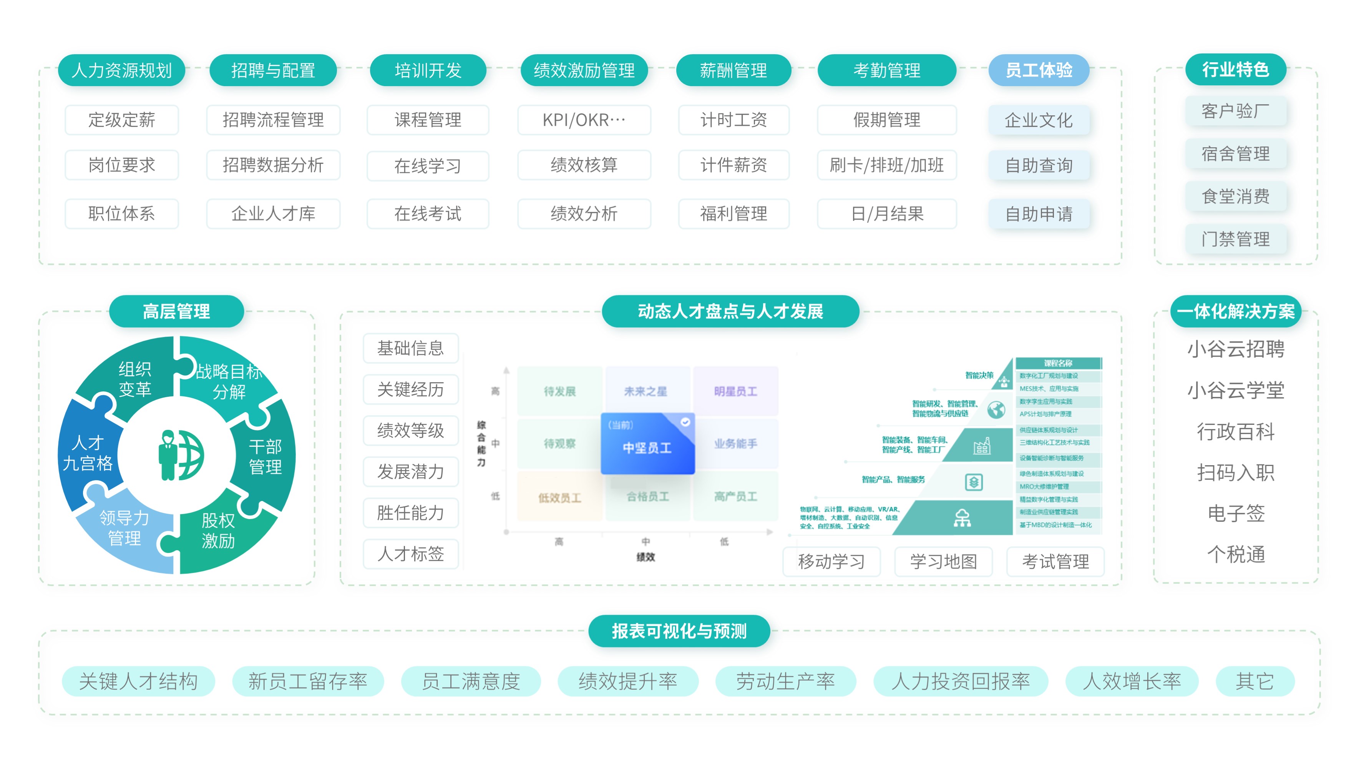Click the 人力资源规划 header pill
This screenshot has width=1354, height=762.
pyautogui.click(x=121, y=70)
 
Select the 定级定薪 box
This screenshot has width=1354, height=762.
pyautogui.click(x=121, y=120)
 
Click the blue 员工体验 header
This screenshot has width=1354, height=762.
pyautogui.click(x=1039, y=70)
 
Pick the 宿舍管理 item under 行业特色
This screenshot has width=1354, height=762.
pyautogui.click(x=1235, y=153)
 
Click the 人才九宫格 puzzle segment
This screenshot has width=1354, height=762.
pyautogui.click(x=87, y=453)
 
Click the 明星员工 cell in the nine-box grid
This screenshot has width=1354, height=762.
pyautogui.click(x=735, y=391)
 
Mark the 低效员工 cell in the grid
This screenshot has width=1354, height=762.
pyautogui.click(x=559, y=497)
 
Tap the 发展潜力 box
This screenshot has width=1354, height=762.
pyautogui.click(x=410, y=472)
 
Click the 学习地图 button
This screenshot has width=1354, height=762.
pyautogui.click(x=944, y=562)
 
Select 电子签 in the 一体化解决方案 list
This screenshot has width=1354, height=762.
pyautogui.click(x=1236, y=513)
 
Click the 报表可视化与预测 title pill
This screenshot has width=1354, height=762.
pyautogui.click(x=679, y=631)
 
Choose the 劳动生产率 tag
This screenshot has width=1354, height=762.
pyautogui.click(x=785, y=682)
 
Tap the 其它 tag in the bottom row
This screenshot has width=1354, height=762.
pyautogui.click(x=1254, y=682)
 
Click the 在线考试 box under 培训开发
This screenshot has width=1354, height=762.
pyautogui.click(x=428, y=213)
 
